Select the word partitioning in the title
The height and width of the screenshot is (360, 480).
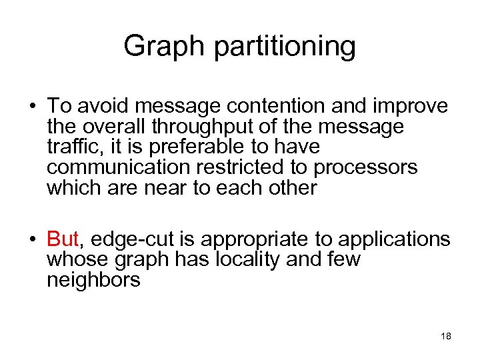(280, 47)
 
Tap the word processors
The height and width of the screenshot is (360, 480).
(365, 167)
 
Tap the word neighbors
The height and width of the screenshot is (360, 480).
(93, 280)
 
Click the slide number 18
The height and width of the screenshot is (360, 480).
(446, 336)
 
